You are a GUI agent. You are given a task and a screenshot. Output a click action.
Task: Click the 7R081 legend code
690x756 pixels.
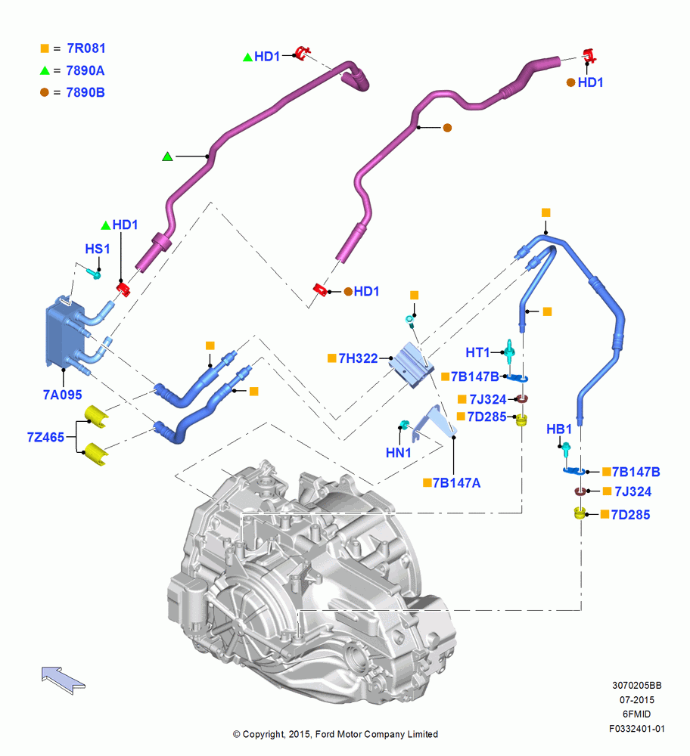tap(86, 48)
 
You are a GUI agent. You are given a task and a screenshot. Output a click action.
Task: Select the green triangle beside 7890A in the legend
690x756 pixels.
tap(45, 70)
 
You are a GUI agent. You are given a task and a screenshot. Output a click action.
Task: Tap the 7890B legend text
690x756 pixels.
tap(85, 92)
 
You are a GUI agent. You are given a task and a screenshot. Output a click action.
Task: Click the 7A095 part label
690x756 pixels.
tap(62, 395)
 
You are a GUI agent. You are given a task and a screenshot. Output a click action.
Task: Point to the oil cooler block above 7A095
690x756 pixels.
tap(64, 334)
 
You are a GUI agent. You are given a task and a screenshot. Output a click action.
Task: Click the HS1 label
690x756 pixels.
tap(98, 249)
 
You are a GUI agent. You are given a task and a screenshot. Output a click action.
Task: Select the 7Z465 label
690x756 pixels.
tap(45, 437)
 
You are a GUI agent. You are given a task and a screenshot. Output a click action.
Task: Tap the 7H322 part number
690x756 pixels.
tap(358, 358)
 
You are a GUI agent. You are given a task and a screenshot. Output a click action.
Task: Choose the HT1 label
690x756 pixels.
tap(477, 352)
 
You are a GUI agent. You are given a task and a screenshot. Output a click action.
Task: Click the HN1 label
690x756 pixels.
tap(398, 453)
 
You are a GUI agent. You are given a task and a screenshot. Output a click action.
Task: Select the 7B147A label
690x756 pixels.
tap(456, 482)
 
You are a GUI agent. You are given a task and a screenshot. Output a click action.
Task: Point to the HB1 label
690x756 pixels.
tap(559, 429)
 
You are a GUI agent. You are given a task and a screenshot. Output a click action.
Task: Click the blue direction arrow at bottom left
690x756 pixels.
tap(63, 680)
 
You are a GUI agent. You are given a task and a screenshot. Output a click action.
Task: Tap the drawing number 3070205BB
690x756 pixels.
tap(637, 685)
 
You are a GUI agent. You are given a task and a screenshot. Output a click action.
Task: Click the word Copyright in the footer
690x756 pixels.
tap(264, 734)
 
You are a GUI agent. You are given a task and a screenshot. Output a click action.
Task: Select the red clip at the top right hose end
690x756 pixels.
tap(589, 55)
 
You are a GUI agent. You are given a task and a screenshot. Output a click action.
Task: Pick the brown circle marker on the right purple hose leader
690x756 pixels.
tap(447, 128)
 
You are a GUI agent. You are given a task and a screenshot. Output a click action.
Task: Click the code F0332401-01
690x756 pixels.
tap(637, 729)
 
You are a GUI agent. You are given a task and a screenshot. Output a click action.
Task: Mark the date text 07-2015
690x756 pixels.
tap(637, 699)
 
